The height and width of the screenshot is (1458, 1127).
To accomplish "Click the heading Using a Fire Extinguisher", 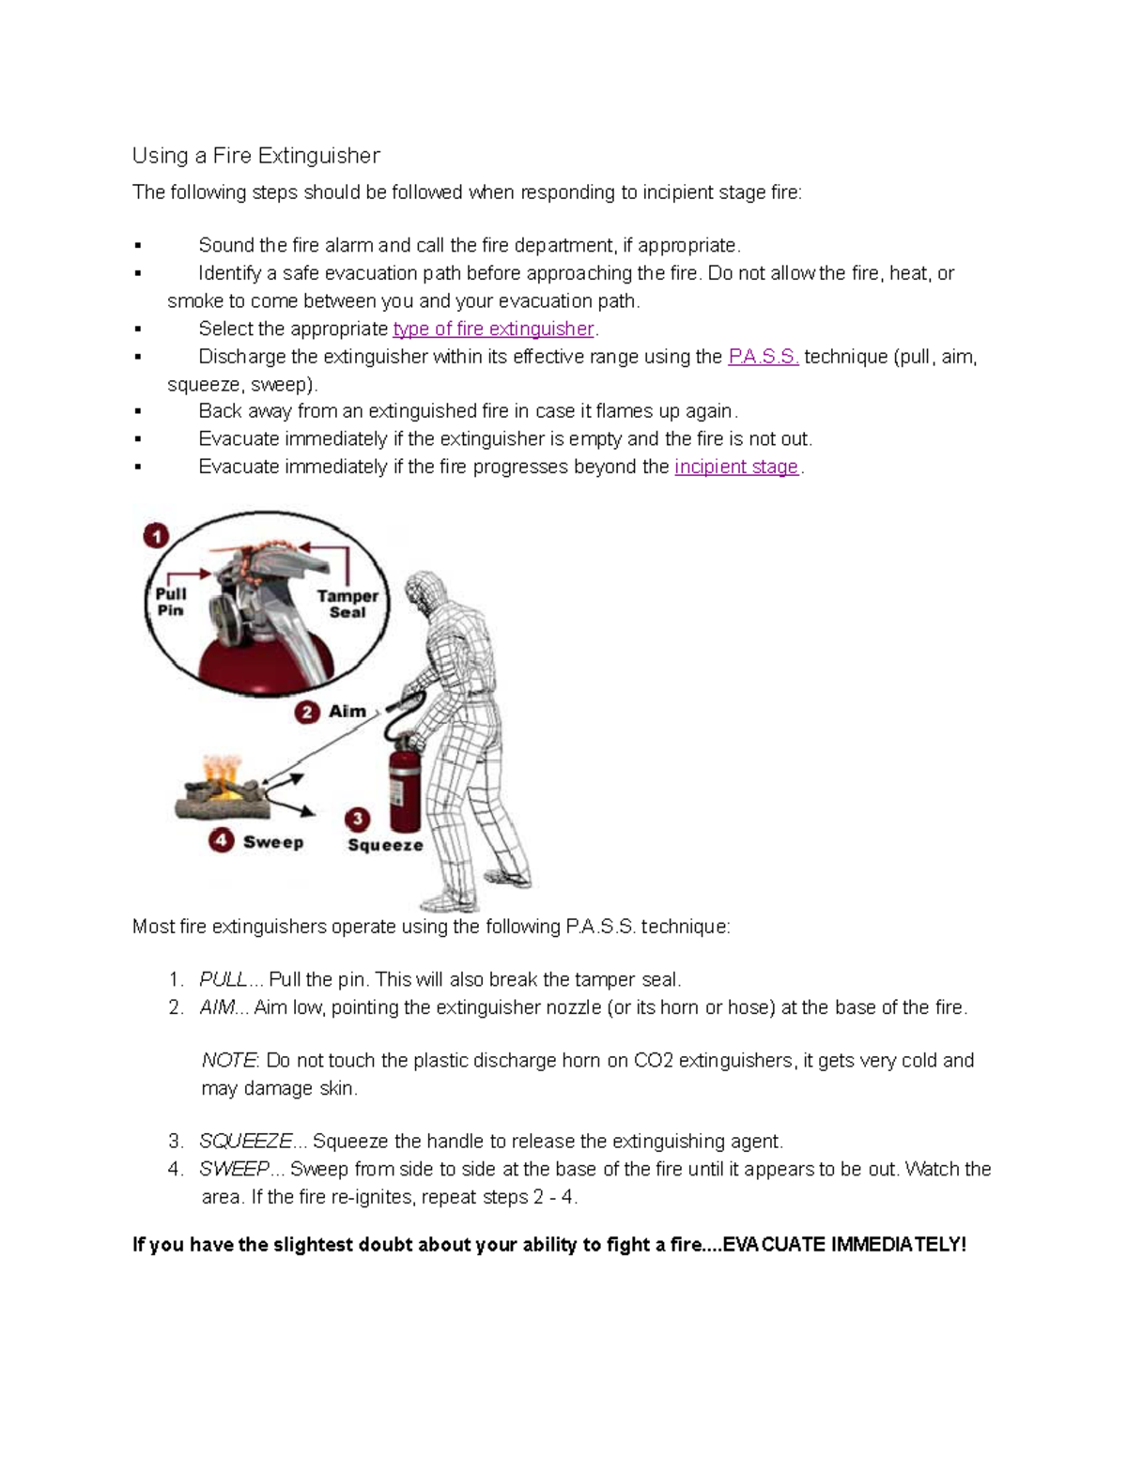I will (x=255, y=156).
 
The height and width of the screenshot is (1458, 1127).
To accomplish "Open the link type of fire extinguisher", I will (x=493, y=330).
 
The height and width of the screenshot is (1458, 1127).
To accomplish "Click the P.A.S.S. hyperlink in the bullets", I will (x=763, y=357).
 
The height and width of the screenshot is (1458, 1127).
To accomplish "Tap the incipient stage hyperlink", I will (x=736, y=468).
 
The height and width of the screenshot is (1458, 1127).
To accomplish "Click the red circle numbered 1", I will (x=156, y=536).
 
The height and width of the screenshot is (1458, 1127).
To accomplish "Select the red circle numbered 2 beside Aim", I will (x=307, y=713).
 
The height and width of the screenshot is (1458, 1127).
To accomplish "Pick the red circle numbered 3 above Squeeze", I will (x=357, y=819).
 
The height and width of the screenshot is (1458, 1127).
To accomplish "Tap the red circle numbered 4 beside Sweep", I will (x=222, y=840).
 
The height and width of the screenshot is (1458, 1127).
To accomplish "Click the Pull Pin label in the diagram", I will (x=171, y=602).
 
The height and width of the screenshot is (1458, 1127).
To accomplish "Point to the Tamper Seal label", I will (x=347, y=604).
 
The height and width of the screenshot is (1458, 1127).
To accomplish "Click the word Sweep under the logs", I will (x=273, y=842).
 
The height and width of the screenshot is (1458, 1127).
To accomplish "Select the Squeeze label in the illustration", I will (x=385, y=845).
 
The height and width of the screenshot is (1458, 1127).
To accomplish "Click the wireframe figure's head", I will (x=424, y=591).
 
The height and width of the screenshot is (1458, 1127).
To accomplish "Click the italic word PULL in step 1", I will (x=224, y=980).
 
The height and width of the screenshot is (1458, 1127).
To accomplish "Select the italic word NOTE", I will (x=228, y=1061).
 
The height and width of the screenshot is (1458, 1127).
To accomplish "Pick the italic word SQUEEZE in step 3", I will (x=246, y=1142).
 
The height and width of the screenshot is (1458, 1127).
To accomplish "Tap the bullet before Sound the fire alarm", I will (x=138, y=246).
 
